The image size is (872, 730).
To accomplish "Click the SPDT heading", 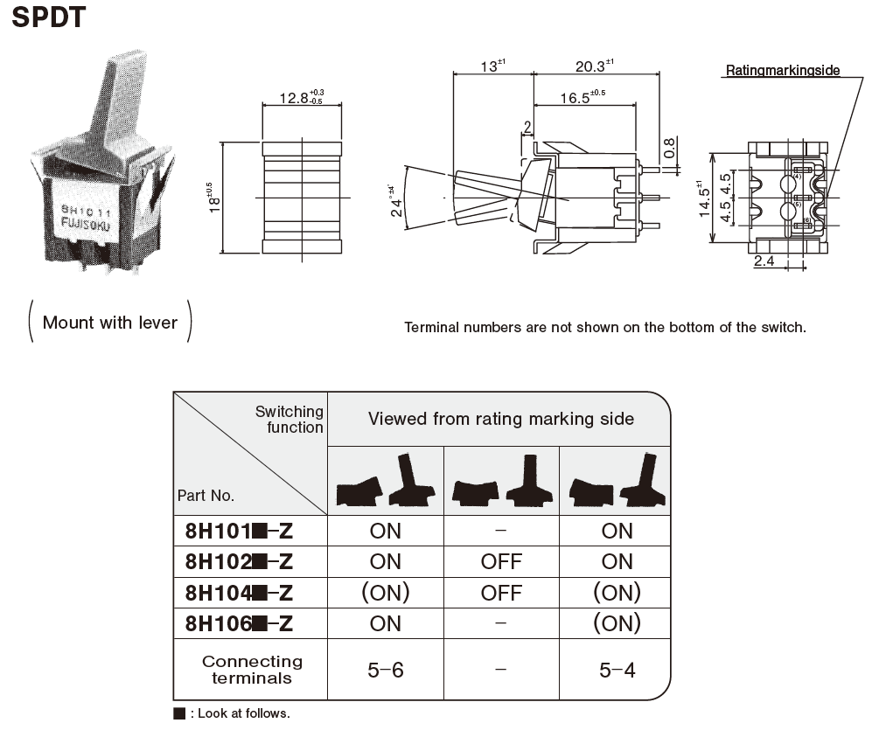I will [x=49, y=17].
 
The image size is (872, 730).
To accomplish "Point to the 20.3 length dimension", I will [x=594, y=66].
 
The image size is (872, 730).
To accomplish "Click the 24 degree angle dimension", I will [x=396, y=202].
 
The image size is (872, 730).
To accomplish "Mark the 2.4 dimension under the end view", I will [x=764, y=261].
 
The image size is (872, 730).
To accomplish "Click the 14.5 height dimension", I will [x=703, y=199].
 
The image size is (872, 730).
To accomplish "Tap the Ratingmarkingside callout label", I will [x=782, y=70].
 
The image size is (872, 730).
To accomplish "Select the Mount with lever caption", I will [x=110, y=323].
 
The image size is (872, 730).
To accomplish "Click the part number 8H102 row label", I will [x=239, y=561].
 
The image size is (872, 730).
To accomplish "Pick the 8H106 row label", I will [x=239, y=623].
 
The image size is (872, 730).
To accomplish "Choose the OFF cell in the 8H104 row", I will [x=501, y=593].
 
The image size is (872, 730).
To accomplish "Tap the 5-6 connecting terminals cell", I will [x=386, y=670].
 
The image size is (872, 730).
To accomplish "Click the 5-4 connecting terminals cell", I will [x=617, y=670].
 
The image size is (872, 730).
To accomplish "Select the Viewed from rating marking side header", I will [x=501, y=419].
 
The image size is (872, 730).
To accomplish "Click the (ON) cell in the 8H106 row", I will [x=617, y=623].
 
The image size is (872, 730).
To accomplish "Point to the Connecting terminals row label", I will [x=251, y=670].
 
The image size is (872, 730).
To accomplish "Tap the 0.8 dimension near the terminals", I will [x=669, y=149].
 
